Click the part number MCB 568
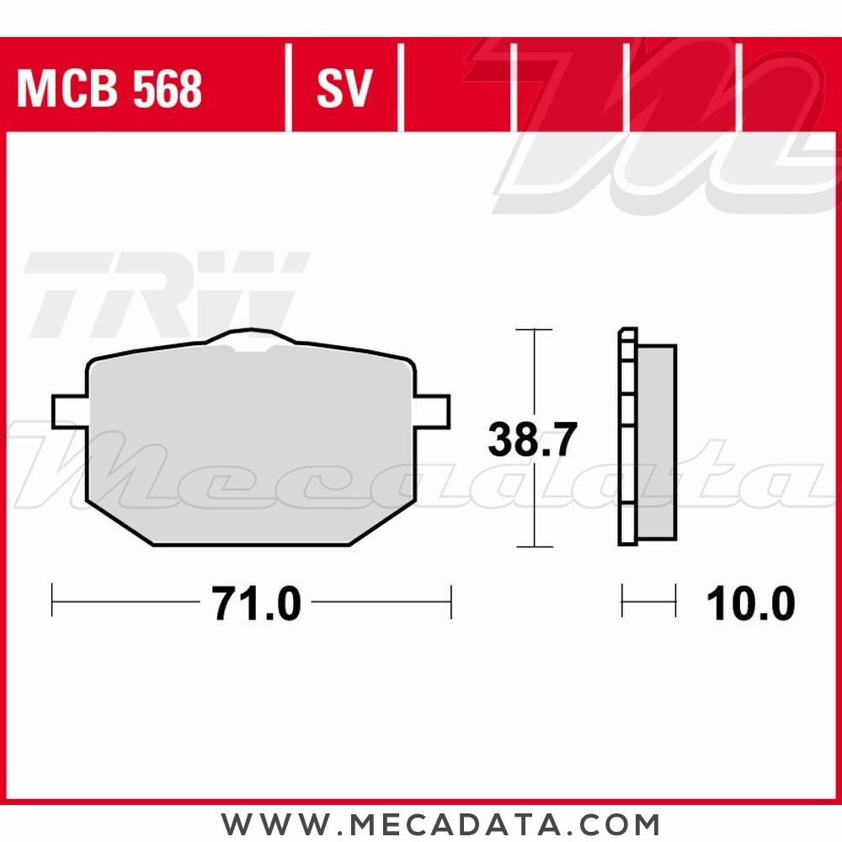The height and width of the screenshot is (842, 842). (x=109, y=88)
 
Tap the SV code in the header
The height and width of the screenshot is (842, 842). (x=344, y=88)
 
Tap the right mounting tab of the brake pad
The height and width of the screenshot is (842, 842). (x=433, y=410)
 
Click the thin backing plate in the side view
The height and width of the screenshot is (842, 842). (x=627, y=438)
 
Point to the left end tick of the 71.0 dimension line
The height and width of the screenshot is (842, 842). (x=52, y=600)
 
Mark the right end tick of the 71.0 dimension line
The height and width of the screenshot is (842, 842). (x=451, y=600)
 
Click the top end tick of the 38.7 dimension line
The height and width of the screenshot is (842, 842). (x=533, y=330)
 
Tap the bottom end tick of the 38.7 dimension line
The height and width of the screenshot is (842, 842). (x=533, y=546)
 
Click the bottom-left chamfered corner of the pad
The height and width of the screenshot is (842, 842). (x=118, y=522)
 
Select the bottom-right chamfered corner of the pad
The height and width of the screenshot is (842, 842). (x=381, y=522)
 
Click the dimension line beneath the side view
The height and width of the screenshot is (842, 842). (x=648, y=600)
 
